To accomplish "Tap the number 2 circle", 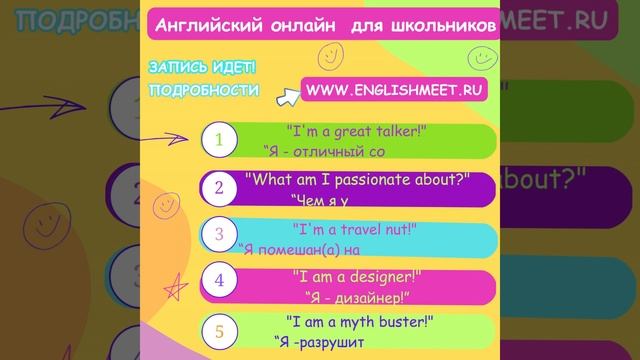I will point(219,188).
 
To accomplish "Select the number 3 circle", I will point(219,236).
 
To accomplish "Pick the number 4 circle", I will point(219,282).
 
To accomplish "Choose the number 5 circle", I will point(219,329).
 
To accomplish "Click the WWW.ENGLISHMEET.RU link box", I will point(395,90).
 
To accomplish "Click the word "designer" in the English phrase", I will point(378,275).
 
